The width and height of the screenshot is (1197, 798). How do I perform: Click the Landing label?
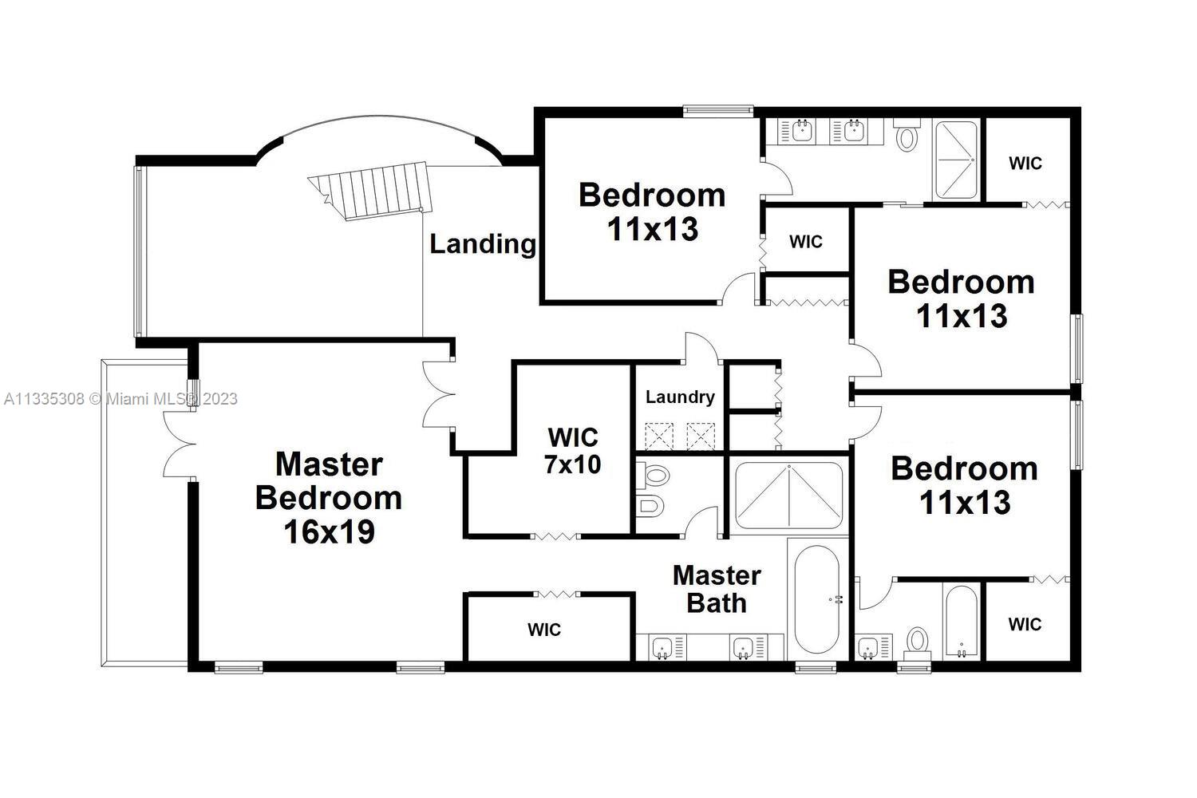(483, 244)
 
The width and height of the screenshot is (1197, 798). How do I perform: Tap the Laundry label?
(680, 397)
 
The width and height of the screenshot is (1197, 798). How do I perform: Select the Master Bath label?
(717, 589)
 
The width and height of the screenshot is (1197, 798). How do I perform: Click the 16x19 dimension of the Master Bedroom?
(329, 531)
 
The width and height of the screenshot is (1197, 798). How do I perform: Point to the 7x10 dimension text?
(573, 464)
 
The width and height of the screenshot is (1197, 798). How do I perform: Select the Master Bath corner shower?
(789, 496)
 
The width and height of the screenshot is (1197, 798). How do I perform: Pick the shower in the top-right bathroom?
(956, 160)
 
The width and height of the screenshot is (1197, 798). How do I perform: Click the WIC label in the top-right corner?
(1025, 163)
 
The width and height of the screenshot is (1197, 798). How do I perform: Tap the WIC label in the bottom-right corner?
(1025, 624)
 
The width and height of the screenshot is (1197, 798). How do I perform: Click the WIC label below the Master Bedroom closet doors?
(544, 630)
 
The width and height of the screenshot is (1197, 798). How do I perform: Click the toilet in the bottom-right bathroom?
(918, 644)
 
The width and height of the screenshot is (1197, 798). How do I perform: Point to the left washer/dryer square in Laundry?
(659, 437)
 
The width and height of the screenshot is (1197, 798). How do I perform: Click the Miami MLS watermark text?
(120, 399)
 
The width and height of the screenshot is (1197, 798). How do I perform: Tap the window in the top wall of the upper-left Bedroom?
(718, 111)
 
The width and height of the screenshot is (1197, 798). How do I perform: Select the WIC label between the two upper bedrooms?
(806, 242)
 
